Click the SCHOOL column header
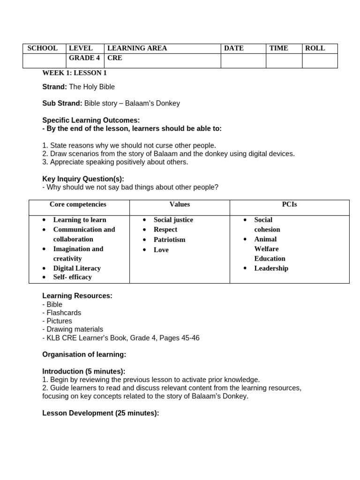(43, 48)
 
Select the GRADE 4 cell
(84, 58)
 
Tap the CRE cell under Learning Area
(115, 58)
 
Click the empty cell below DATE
(243, 61)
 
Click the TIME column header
(278, 48)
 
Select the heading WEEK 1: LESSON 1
(75, 73)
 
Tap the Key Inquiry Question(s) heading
(83, 179)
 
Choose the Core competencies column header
(78, 204)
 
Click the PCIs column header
(289, 204)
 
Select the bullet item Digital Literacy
(77, 268)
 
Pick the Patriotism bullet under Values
(169, 240)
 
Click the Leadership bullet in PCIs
(271, 268)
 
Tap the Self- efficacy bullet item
(72, 277)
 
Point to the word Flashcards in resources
(64, 313)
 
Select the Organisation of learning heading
(84, 354)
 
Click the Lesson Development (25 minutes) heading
(100, 413)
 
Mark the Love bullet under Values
(161, 250)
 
